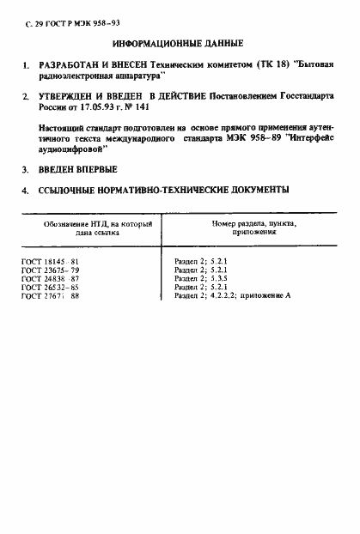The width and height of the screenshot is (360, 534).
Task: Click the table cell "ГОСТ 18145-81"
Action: (x=50, y=262)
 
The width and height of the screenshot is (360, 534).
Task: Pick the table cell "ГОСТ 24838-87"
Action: (x=50, y=279)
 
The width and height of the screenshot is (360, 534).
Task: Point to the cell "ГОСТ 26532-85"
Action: (x=50, y=288)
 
